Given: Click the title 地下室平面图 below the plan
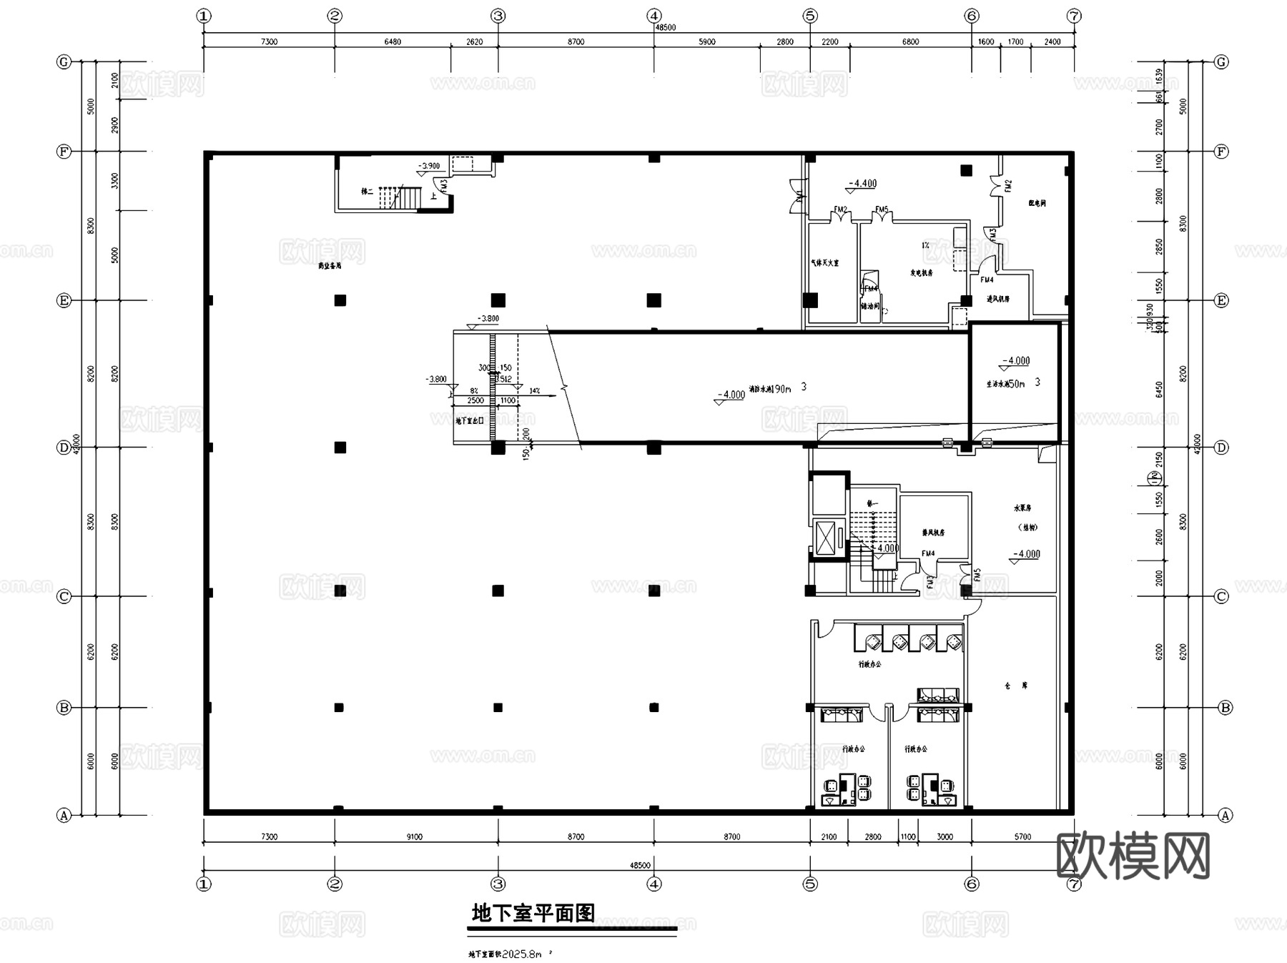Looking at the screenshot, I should tap(533, 913).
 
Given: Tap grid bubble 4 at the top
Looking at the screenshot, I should tap(654, 16).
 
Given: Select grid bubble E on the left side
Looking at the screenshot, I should tap(64, 300).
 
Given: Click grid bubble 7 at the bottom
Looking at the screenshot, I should tap(1073, 884).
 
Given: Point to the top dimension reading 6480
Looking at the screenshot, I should tap(393, 41).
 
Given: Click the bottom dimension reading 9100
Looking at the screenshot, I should tap(415, 836).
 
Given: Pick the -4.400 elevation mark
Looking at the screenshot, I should tap(862, 184).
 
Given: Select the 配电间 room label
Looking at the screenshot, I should tap(1037, 204).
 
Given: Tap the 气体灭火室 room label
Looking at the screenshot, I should tap(824, 263).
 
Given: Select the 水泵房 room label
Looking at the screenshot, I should tap(1022, 508).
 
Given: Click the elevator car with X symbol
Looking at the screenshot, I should tap(825, 538).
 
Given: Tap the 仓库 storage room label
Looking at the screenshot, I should tap(1016, 686).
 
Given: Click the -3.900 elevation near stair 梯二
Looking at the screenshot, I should tap(430, 166).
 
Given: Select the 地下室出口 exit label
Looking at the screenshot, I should tap(470, 420).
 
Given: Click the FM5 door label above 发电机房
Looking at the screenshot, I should tap(882, 210).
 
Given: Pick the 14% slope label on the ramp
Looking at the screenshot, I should tap(535, 391).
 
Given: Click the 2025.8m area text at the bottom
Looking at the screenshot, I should tap(522, 954).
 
